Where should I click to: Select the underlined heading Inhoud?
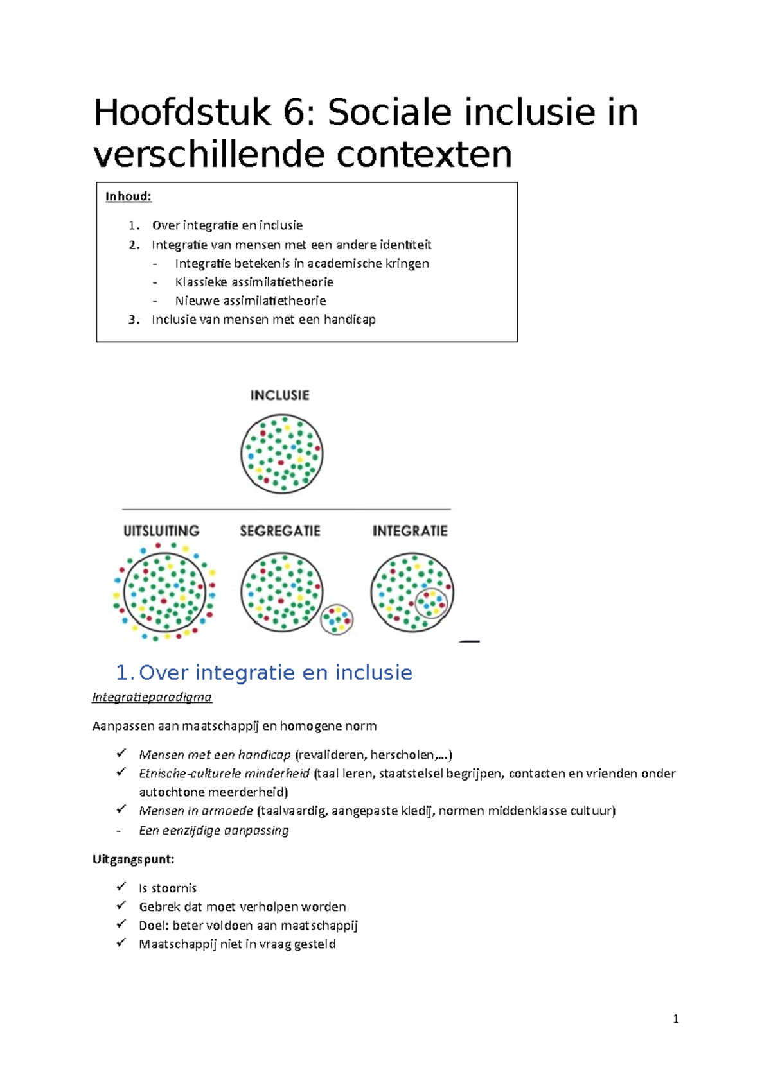pos(128,196)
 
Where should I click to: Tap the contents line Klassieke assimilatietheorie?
pos(254,282)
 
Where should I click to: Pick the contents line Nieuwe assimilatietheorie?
pos(251,300)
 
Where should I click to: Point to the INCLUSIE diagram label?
pos(279,395)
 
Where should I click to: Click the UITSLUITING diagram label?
pos(161,531)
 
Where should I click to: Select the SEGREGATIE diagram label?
pos(280,531)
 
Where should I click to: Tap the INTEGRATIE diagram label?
pos(410,531)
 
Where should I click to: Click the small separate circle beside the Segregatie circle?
pos(337,619)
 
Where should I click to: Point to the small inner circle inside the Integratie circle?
pos(431,603)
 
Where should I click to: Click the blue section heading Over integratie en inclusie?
pos(276,672)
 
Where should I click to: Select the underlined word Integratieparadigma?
pos(152,697)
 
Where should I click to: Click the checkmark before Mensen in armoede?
pos(121,809)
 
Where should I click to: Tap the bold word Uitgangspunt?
pos(134,859)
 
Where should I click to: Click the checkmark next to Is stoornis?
pos(121,887)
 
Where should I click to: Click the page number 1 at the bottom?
pos(675,1019)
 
